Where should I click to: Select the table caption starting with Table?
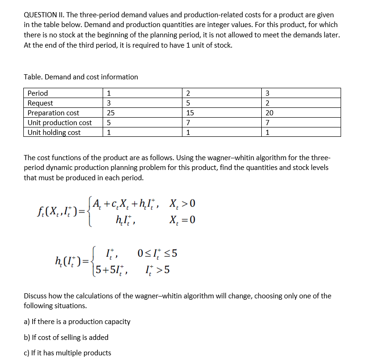pyautogui.click(x=81, y=77)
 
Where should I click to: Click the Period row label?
pyautogui.click(x=38, y=93)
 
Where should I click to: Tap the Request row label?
pyautogui.click(x=41, y=103)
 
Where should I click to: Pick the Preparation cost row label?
pyautogui.click(x=54, y=113)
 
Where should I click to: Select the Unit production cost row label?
pyautogui.click(x=60, y=123)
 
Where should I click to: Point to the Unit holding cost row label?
pyautogui.click(x=54, y=133)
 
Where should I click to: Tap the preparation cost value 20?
pyautogui.click(x=269, y=113)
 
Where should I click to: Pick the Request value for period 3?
pyautogui.click(x=267, y=103)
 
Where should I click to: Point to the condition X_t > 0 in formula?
pyautogui.click(x=182, y=203)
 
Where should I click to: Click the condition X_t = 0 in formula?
pyautogui.click(x=182, y=220)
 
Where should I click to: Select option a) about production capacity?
pyautogui.click(x=77, y=321)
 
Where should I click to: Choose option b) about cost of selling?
pyautogui.click(x=66, y=337)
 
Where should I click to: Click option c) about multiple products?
pyautogui.click(x=67, y=353)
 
